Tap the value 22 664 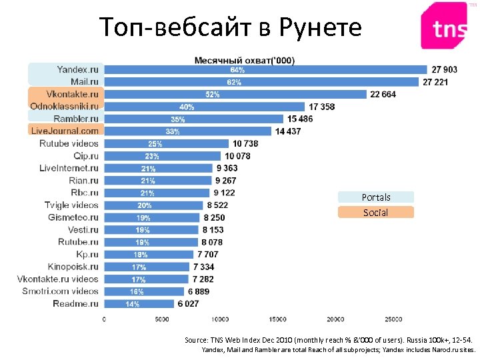coord(383,94)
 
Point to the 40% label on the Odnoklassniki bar coord(187,107)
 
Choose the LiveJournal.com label coord(65,131)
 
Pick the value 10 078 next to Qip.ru coord(237,156)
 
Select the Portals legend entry coord(376,197)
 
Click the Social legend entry coord(375,213)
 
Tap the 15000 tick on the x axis coord(278,319)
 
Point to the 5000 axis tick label coord(162,319)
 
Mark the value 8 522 coord(217,205)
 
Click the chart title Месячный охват coord(244,60)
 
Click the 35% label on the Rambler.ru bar coord(178,119)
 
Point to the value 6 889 coord(199,291)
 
